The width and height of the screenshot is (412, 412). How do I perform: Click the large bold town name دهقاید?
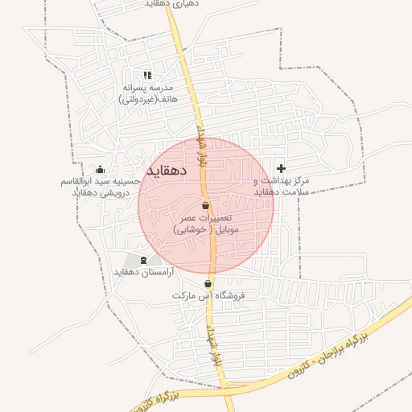click(167, 171)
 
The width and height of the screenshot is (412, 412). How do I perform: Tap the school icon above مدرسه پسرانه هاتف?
click(146, 75)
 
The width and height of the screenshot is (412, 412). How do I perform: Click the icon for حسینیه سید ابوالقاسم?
click(100, 169)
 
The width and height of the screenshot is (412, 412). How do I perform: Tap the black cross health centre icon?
click(281, 168)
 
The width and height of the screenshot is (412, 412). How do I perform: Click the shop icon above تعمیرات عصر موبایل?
click(206, 206)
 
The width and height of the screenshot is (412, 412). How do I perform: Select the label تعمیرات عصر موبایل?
click(206, 218)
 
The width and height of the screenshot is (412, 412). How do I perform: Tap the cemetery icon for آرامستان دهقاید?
click(144, 259)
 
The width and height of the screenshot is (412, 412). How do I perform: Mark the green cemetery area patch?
click(133, 261)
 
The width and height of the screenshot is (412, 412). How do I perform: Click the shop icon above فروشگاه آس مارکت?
click(208, 283)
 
